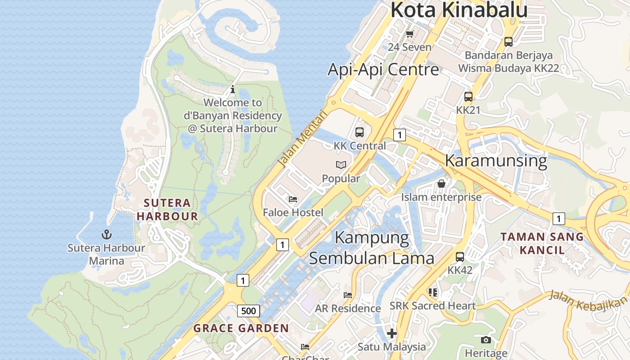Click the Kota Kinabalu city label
(459, 10)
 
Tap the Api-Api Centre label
(383, 69)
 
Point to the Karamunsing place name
(496, 160)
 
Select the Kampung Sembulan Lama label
(372, 247)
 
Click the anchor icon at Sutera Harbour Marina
(107, 234)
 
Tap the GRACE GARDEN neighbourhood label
(241, 328)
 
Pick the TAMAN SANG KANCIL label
(542, 243)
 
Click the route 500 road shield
(248, 310)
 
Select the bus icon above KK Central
(359, 132)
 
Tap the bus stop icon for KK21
(468, 97)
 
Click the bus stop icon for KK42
(459, 257)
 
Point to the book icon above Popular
(341, 165)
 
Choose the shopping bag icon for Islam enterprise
(441, 184)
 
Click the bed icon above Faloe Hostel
(293, 199)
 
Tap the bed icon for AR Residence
(348, 295)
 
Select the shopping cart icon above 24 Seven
(409, 34)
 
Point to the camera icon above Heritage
(486, 340)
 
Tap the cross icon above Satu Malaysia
(391, 333)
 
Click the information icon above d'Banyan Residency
(232, 89)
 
